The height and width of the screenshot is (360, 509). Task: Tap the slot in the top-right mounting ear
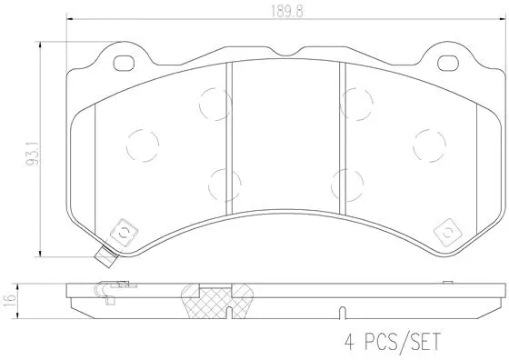449,64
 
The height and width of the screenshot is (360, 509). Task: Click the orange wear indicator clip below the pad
106,258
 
